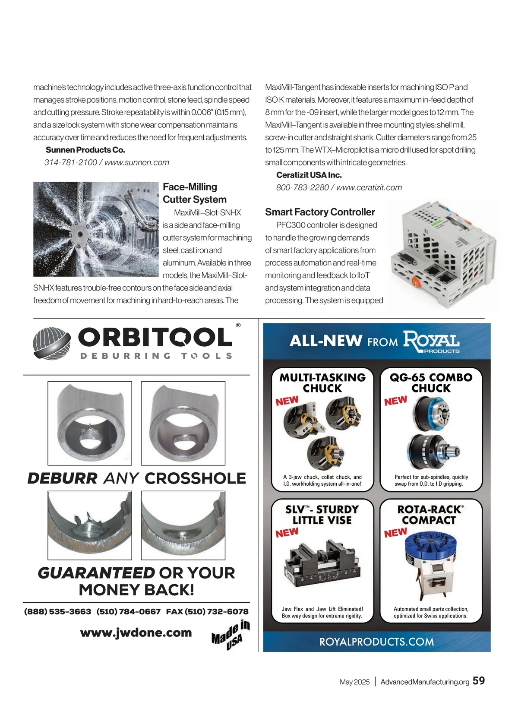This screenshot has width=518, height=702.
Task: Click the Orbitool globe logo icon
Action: click(52, 343)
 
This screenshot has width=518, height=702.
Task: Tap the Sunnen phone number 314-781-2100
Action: click(70, 163)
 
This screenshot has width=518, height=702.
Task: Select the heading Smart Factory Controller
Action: click(320, 212)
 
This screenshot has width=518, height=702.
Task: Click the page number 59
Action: click(479, 681)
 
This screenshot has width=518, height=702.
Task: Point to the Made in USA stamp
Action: click(231, 633)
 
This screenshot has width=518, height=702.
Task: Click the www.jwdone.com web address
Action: click(136, 633)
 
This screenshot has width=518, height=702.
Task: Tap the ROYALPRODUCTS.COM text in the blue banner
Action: click(376, 642)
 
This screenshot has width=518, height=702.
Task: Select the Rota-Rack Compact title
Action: click(430, 515)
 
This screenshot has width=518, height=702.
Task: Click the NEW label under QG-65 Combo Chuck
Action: click(395, 401)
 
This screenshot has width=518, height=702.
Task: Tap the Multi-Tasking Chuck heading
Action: click(322, 383)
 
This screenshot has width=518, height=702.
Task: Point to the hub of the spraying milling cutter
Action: click(79, 234)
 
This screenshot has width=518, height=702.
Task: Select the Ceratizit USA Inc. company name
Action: click(309, 175)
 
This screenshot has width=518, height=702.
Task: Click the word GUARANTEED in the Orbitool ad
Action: click(96, 573)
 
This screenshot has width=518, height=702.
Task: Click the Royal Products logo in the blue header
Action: click(431, 341)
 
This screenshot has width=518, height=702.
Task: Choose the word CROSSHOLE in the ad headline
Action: click(195, 478)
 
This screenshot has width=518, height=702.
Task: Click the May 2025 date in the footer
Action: click(354, 682)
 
